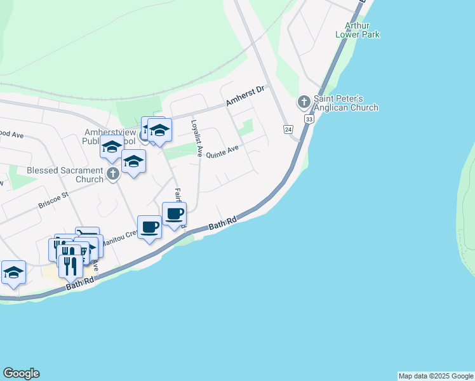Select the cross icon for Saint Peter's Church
click(x=304, y=102)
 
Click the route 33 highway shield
click(x=309, y=119)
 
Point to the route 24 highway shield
click(x=288, y=130)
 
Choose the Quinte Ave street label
click(x=222, y=152)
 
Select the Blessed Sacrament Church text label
click(x=65, y=175)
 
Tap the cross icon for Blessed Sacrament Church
click(x=113, y=174)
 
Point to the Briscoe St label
click(x=53, y=201)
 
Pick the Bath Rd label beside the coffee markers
click(x=223, y=223)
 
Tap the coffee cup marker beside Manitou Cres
click(x=149, y=227)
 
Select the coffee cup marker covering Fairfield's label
click(x=174, y=214)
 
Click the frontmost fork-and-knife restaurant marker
click(x=70, y=265)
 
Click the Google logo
click(x=21, y=373)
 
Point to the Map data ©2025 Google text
click(x=436, y=376)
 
